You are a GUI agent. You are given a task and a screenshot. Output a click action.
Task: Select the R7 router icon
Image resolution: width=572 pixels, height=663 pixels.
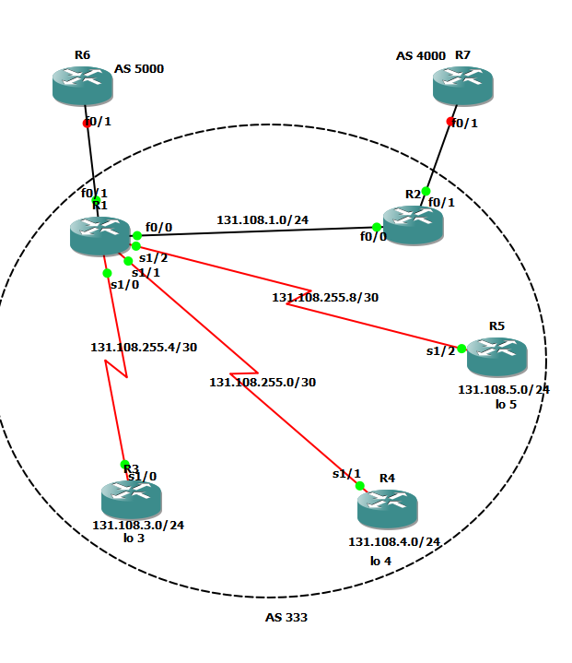[462, 86]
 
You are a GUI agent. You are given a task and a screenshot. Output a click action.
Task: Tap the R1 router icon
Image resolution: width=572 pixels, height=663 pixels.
[99, 236]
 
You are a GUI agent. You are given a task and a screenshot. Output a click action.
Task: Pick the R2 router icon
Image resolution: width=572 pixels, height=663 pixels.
[413, 224]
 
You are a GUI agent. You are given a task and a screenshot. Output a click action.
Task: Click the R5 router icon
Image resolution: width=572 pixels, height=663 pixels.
[496, 356]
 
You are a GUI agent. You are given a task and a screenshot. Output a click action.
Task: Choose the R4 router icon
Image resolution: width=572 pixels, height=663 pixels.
[387, 508]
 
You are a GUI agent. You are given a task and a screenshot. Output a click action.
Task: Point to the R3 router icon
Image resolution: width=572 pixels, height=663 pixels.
[131, 499]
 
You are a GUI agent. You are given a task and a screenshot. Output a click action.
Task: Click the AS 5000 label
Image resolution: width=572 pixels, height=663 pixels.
[139, 68]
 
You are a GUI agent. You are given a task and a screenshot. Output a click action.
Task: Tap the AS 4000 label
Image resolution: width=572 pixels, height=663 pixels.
[421, 56]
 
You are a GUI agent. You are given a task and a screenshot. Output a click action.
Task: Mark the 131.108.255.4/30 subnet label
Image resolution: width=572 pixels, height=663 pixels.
[144, 348]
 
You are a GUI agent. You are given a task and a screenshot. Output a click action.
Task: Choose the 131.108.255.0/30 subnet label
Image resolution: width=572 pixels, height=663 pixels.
[263, 382]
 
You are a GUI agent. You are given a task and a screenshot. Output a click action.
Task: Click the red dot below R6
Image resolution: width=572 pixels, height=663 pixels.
[87, 123]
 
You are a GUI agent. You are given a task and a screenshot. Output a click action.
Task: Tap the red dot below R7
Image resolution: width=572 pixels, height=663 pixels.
[450, 121]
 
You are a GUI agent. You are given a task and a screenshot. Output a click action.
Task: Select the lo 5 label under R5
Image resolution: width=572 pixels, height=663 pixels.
[506, 404]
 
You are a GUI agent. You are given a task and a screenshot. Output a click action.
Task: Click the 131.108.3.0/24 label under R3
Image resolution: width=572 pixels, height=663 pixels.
[138, 526]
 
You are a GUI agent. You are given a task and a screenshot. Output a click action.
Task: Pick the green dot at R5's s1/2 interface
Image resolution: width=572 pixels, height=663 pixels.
[461, 349]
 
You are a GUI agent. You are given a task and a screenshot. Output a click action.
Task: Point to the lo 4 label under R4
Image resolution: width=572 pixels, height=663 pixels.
[380, 561]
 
